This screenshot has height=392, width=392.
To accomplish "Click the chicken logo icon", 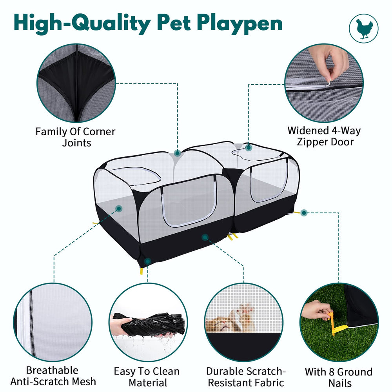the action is tap(364, 29).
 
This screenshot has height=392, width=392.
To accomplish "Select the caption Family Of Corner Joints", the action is tap(76, 137).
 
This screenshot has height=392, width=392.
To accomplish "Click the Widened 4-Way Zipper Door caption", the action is tap(324, 136).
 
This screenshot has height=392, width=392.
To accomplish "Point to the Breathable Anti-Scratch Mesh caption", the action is tap(53, 376).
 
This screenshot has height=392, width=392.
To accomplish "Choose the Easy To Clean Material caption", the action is tap(147, 377).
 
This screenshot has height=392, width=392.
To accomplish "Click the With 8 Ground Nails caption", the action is tap(339, 377).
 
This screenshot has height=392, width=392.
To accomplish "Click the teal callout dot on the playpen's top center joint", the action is tap(178, 153).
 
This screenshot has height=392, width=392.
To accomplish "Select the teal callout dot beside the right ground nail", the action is tap(304, 213).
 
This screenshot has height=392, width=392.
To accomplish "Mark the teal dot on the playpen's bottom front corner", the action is tap(148, 261).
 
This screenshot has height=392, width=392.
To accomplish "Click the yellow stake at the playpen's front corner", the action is tap(142, 271).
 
